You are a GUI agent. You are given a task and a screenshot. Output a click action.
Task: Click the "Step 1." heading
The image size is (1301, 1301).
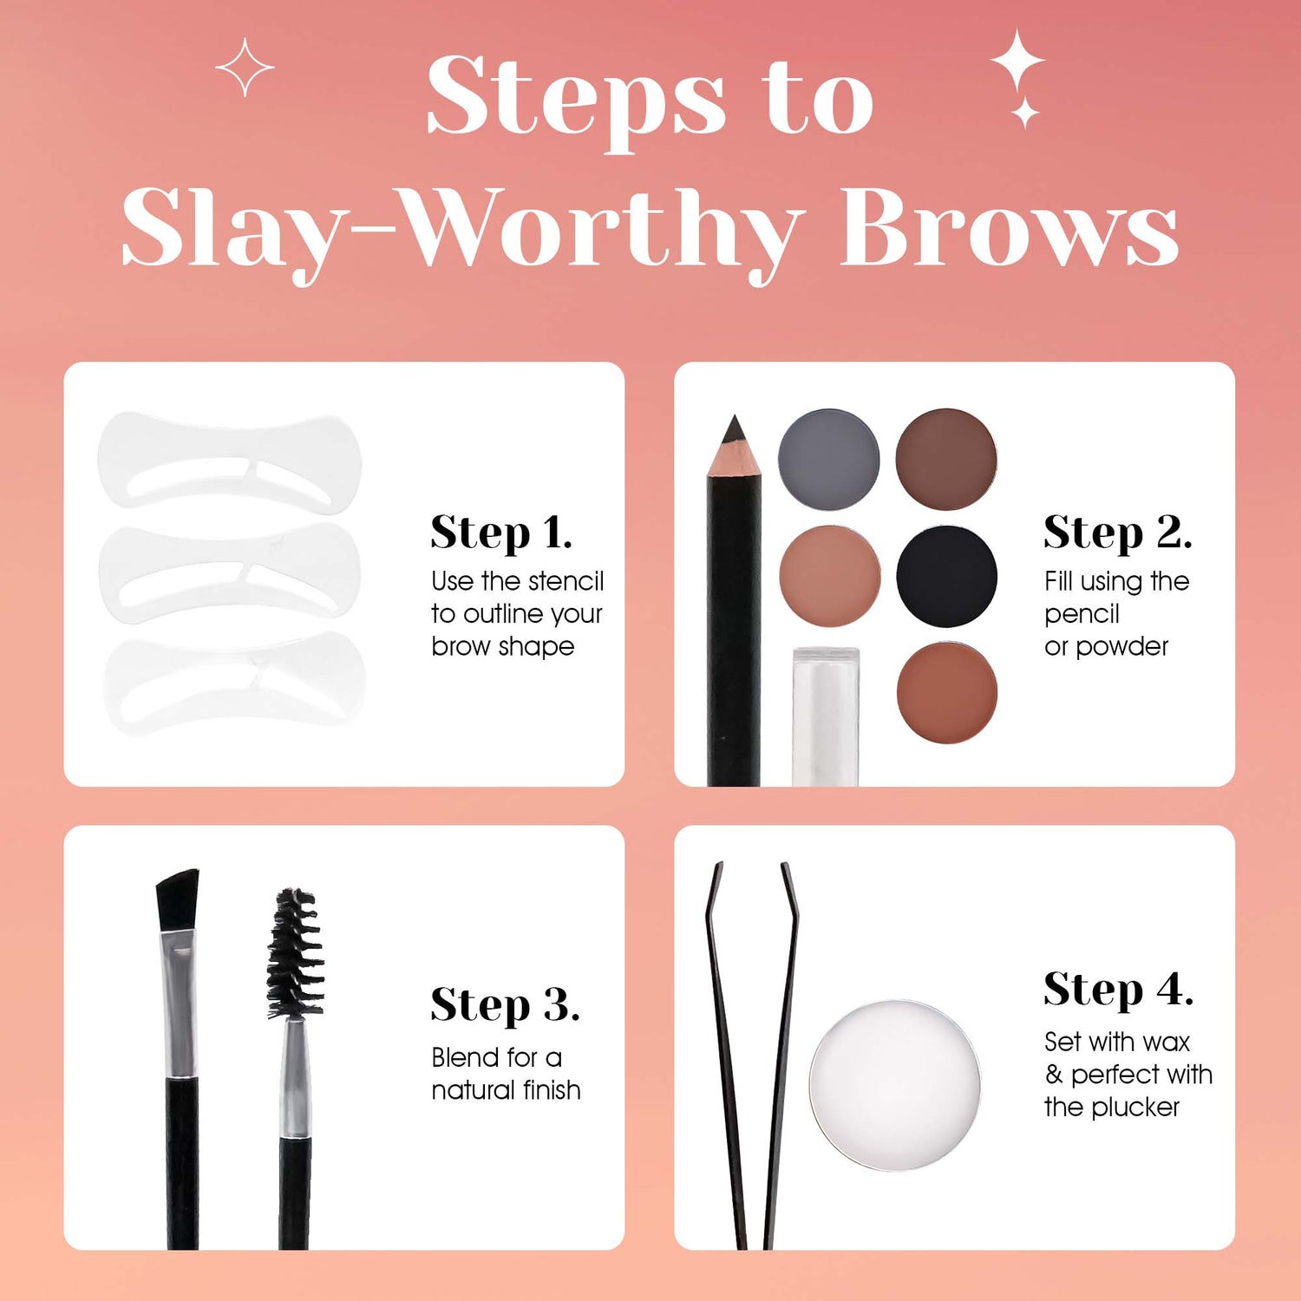501,533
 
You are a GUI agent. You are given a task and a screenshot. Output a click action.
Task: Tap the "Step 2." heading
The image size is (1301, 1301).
1118,533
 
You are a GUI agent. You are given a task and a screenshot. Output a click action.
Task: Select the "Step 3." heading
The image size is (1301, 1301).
505,1006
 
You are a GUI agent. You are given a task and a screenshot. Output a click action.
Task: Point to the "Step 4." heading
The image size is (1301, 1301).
1119,990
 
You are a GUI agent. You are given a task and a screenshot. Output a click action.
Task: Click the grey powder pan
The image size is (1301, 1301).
829,459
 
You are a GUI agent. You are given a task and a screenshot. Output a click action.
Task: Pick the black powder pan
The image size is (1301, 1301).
946,576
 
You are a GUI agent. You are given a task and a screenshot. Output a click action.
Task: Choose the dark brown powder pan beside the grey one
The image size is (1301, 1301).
946,459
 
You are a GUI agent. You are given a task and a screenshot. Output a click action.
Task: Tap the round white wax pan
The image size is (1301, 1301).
895,1084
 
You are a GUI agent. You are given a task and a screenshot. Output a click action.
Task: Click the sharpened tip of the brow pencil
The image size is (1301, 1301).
735,418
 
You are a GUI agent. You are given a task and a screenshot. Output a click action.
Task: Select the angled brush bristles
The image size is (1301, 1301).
178,899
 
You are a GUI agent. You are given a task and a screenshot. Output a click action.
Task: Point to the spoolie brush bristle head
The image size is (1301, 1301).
296,952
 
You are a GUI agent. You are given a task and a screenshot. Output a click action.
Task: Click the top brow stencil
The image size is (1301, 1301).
229,462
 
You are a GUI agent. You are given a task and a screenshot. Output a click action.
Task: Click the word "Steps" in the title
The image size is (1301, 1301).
576,98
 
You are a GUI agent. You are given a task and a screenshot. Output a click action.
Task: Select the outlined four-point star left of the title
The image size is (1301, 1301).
245,67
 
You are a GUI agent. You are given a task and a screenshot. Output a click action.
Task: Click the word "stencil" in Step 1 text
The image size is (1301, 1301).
566,580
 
